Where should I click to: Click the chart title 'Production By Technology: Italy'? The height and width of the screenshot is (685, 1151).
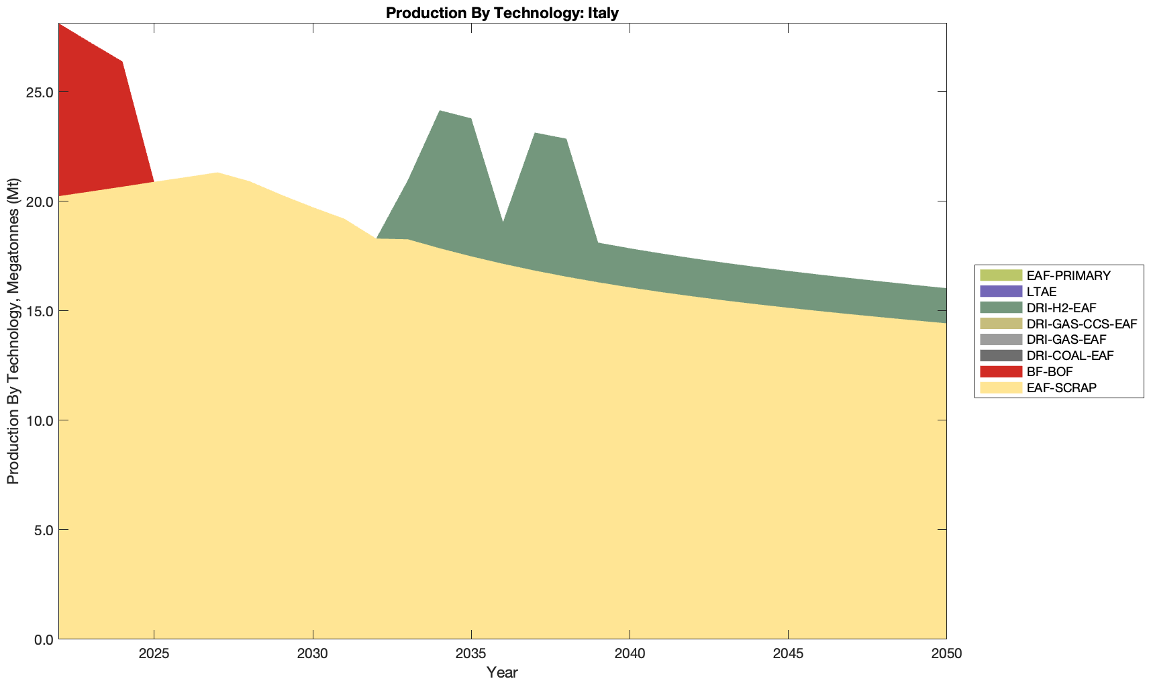tap(502, 13)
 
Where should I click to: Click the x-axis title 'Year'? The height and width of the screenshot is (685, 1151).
tap(502, 672)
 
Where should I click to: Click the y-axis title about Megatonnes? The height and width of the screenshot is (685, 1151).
tap(13, 331)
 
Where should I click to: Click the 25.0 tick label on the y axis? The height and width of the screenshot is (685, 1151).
tap(40, 92)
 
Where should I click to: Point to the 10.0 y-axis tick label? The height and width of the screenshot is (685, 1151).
tap(40, 420)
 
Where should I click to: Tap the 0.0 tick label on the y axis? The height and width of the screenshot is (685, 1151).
tap(43, 639)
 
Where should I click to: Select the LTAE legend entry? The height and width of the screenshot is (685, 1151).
tap(1042, 291)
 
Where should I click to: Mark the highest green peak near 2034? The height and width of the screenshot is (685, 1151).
tap(440, 111)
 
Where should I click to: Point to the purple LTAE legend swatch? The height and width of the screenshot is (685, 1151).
tap(1001, 291)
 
